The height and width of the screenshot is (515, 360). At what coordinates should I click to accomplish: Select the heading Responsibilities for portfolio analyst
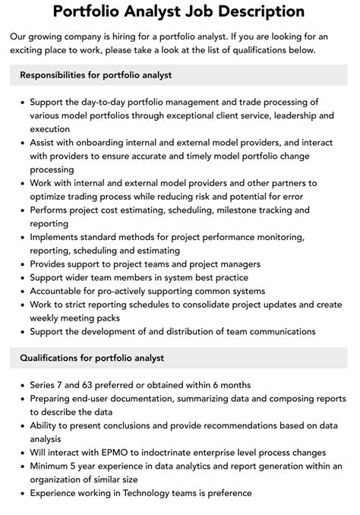tap(96, 75)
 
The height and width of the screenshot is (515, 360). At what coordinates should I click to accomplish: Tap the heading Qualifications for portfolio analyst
tap(92, 358)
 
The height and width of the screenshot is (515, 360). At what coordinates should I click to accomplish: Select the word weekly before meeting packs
tap(47, 318)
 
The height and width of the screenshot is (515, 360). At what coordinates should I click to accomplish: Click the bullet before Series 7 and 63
tap(22, 385)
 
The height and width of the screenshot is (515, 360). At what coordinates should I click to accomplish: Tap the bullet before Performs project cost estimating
tap(22, 210)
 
